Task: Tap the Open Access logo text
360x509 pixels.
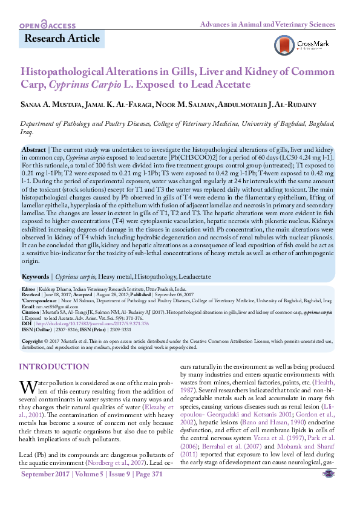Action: coord(47,25)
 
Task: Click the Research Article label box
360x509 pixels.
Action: coord(62,39)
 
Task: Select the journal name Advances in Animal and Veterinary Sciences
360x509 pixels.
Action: coord(267,25)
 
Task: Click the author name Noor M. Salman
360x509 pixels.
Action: coord(185,106)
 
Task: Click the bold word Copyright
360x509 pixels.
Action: coord(34,340)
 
